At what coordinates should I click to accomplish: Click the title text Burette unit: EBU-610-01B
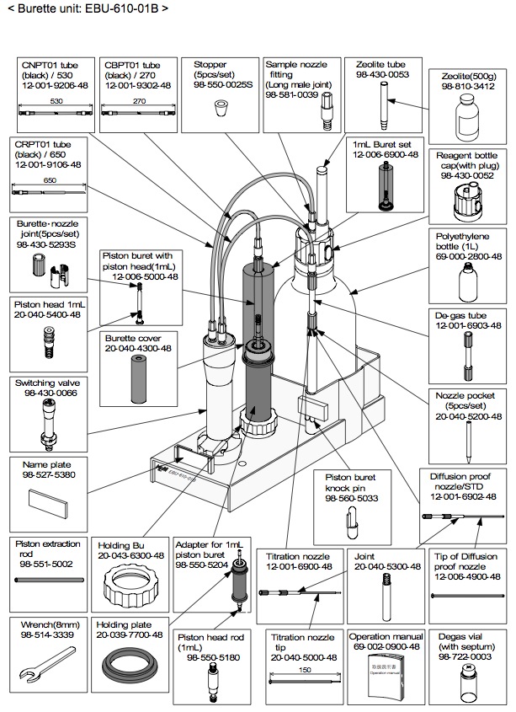pos(87,9)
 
